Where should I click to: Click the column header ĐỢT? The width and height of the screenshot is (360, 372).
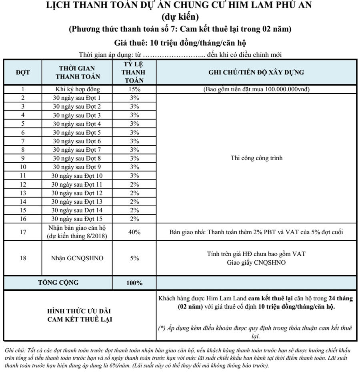(x=23, y=72)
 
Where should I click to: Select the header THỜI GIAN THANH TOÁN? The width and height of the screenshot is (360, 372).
(x=78, y=72)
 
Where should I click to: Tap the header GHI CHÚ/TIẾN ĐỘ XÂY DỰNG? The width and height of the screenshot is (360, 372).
(x=256, y=72)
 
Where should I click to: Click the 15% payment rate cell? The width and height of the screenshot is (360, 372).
(x=134, y=89)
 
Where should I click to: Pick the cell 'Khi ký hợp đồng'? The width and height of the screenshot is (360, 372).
(x=78, y=89)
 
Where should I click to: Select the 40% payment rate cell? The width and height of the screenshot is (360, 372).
(x=134, y=232)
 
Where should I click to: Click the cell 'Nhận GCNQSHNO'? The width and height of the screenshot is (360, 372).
(x=78, y=258)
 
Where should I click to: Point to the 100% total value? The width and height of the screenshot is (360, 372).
(x=134, y=283)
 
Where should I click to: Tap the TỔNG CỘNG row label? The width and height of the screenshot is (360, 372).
(x=58, y=283)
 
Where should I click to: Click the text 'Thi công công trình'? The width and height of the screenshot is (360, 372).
(x=256, y=158)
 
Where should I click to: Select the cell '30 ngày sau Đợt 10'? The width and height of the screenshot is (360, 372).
(x=78, y=175)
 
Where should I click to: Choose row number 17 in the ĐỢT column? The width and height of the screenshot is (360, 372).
(x=23, y=232)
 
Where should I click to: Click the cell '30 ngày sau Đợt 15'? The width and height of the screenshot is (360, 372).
(x=78, y=219)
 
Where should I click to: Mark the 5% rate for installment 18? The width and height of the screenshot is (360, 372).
(x=134, y=258)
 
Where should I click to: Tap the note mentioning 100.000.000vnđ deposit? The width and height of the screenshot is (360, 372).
(x=256, y=89)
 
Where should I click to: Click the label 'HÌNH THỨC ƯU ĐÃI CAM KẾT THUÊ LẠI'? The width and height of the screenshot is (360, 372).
(x=79, y=315)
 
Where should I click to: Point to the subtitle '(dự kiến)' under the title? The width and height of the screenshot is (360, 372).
(x=180, y=17)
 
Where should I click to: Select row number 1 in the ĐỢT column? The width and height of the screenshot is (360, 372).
(x=23, y=89)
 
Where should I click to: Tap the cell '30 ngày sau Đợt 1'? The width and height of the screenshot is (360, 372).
(x=78, y=98)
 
